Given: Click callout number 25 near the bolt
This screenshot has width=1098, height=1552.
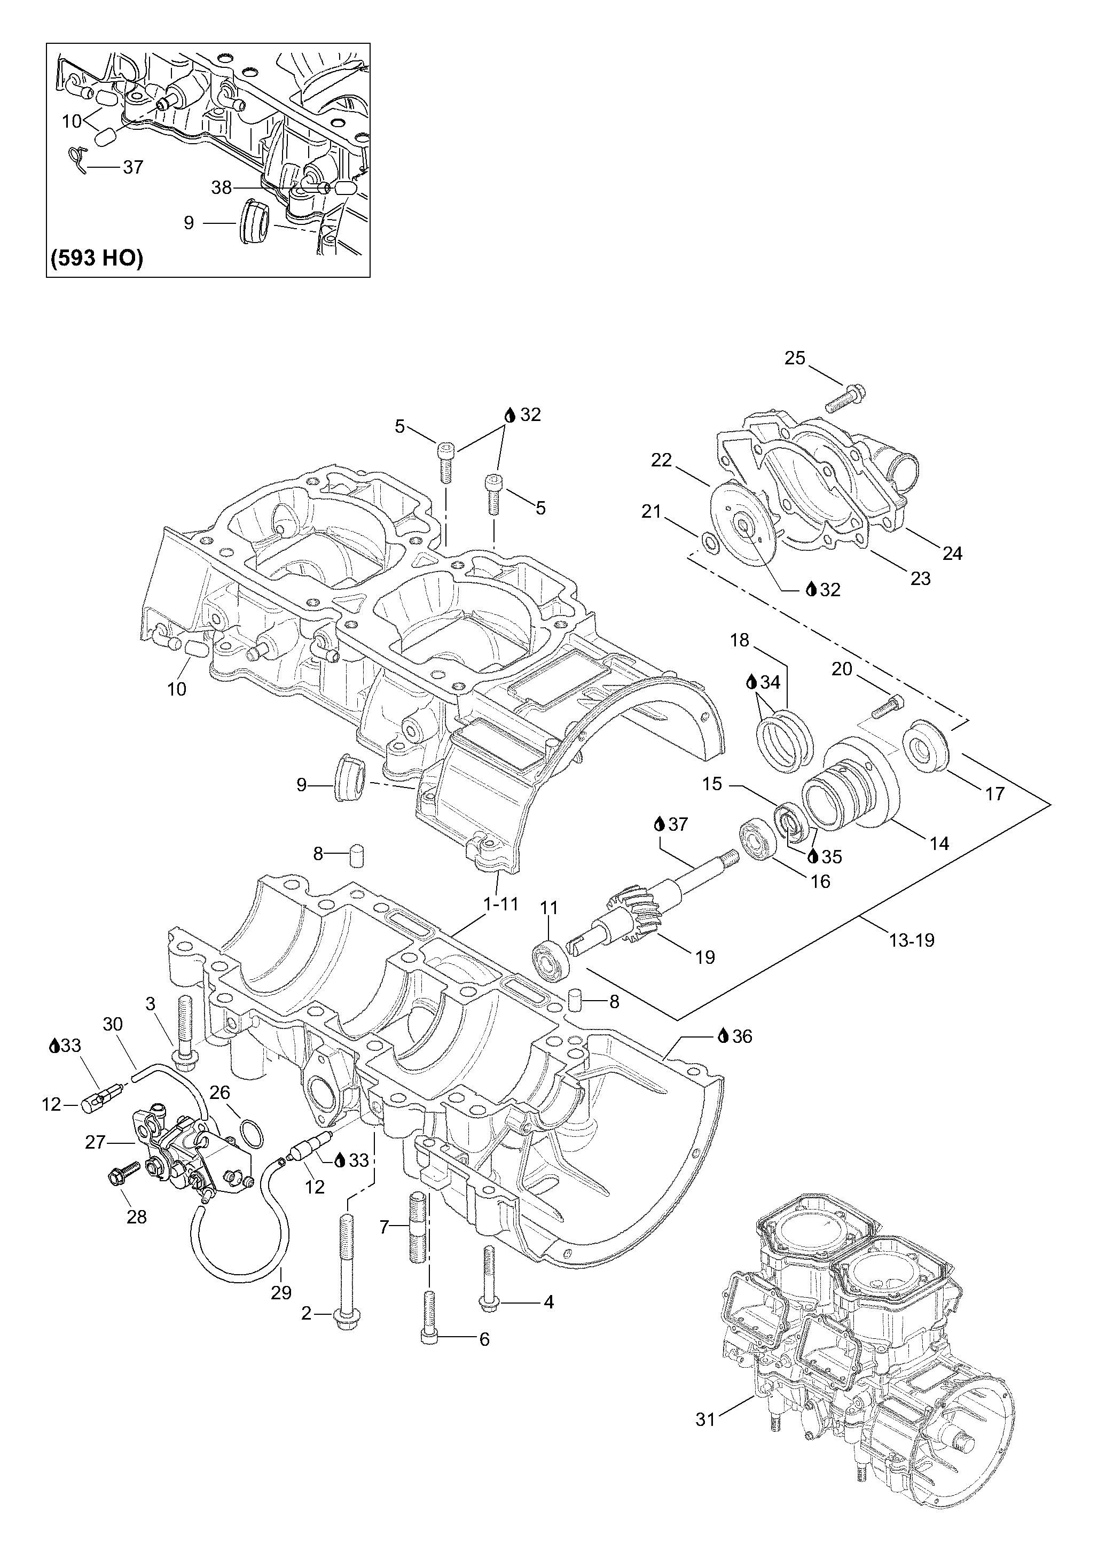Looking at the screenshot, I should (x=795, y=358).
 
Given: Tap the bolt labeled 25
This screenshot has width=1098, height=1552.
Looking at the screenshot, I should (x=845, y=399).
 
